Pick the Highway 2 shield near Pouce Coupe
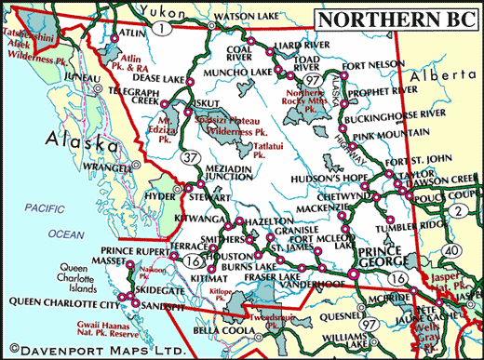coord(459,213)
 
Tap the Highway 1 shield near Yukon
coord(166,30)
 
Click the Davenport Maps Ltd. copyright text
coord(82,351)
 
